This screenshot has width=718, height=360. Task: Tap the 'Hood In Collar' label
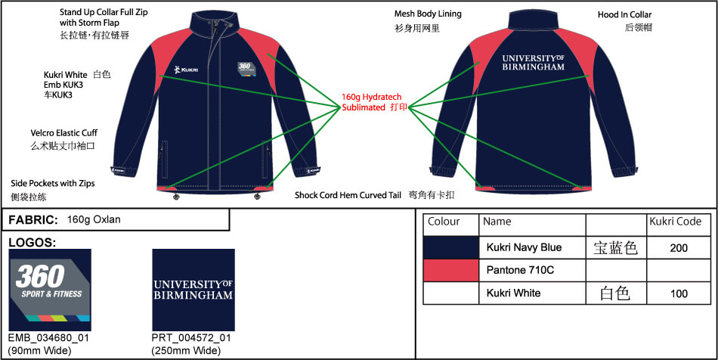[x=624, y=14]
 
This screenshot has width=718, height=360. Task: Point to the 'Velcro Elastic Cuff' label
[x=63, y=133]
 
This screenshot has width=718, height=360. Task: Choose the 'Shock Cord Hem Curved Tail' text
[x=348, y=195]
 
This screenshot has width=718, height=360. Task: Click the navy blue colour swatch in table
[x=451, y=247]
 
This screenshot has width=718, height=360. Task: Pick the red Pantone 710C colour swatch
[x=451, y=270]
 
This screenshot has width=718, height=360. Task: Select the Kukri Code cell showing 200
[x=679, y=247]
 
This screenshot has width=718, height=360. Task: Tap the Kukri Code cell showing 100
[x=679, y=293]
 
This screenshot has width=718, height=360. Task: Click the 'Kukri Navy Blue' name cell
[x=524, y=247]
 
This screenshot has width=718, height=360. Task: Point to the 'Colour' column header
[x=444, y=222]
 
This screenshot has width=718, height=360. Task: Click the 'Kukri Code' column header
[x=675, y=222]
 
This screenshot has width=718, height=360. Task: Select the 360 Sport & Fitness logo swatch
[x=50, y=290]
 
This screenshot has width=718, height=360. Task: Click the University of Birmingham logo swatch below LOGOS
[x=193, y=290]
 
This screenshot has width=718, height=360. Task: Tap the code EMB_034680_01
[x=48, y=338]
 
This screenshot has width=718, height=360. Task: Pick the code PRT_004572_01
[x=191, y=338]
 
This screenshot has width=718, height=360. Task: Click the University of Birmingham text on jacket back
[x=533, y=62]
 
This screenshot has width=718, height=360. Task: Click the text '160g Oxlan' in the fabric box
[x=94, y=220]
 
